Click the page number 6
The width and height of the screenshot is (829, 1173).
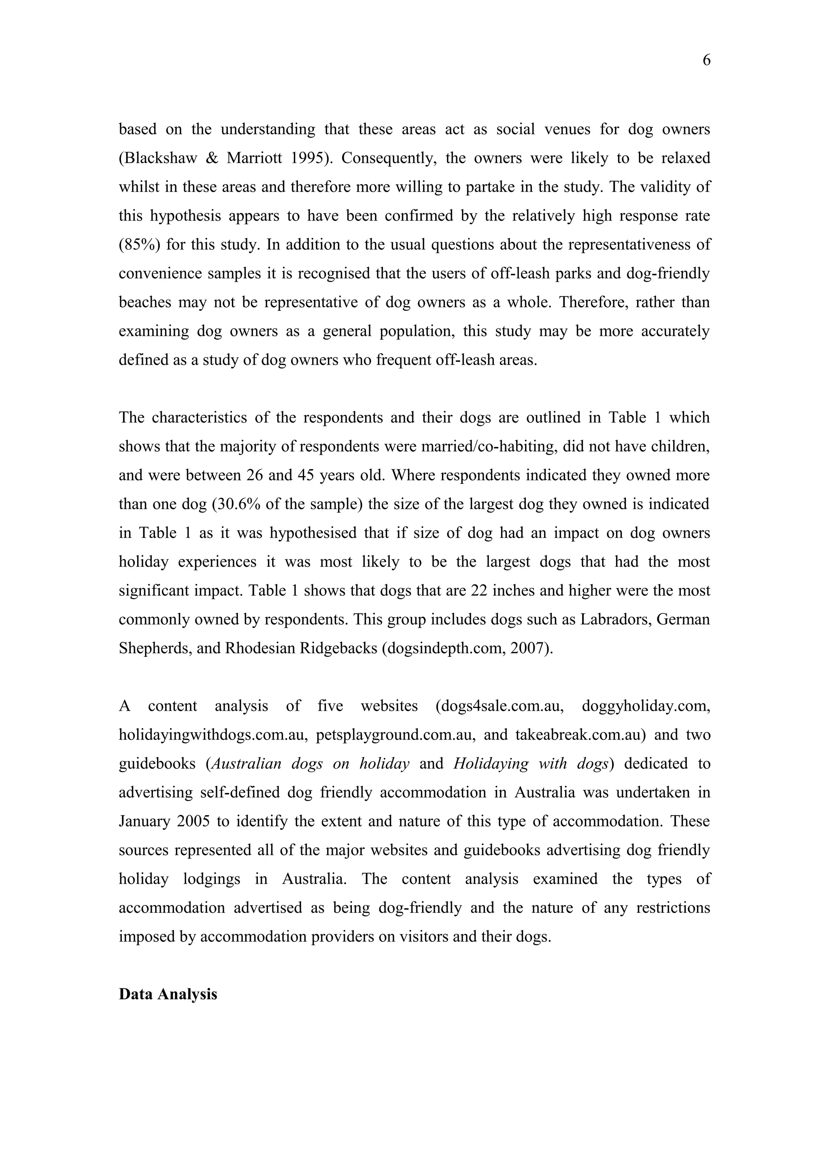706,60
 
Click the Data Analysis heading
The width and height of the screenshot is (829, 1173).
168,994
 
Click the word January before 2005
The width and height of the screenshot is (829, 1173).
144,822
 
